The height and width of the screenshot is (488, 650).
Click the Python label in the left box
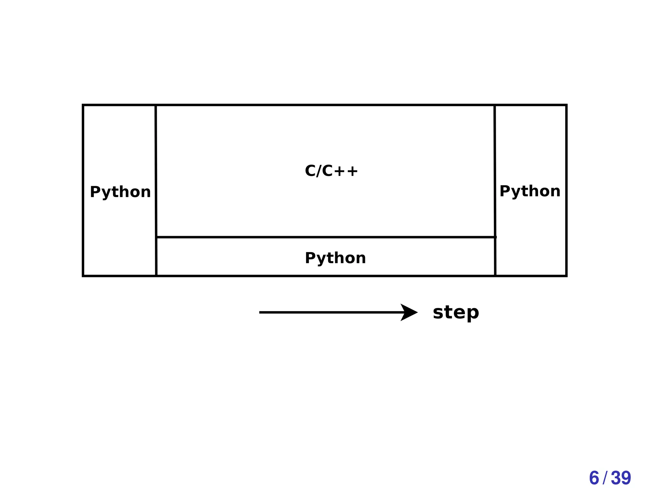click(x=120, y=192)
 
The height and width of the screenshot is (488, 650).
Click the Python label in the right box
click(x=530, y=191)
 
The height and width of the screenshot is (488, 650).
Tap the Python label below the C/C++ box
click(x=335, y=258)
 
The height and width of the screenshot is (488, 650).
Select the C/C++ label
click(x=331, y=171)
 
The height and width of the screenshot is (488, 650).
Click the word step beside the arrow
click(x=456, y=312)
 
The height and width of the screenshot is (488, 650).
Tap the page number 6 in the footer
click(x=594, y=478)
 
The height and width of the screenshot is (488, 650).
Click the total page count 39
click(x=621, y=478)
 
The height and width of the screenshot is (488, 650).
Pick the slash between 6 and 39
click(x=605, y=478)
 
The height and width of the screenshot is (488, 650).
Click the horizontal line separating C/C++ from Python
click(x=326, y=237)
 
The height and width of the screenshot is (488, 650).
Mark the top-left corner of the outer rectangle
click(x=83, y=105)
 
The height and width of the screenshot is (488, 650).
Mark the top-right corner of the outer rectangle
click(x=566, y=105)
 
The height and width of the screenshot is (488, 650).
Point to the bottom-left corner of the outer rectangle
click(x=83, y=276)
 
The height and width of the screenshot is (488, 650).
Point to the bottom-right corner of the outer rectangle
click(x=566, y=276)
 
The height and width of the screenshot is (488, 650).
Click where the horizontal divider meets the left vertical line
click(x=156, y=237)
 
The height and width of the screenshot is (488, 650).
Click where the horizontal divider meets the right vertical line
click(x=495, y=237)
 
